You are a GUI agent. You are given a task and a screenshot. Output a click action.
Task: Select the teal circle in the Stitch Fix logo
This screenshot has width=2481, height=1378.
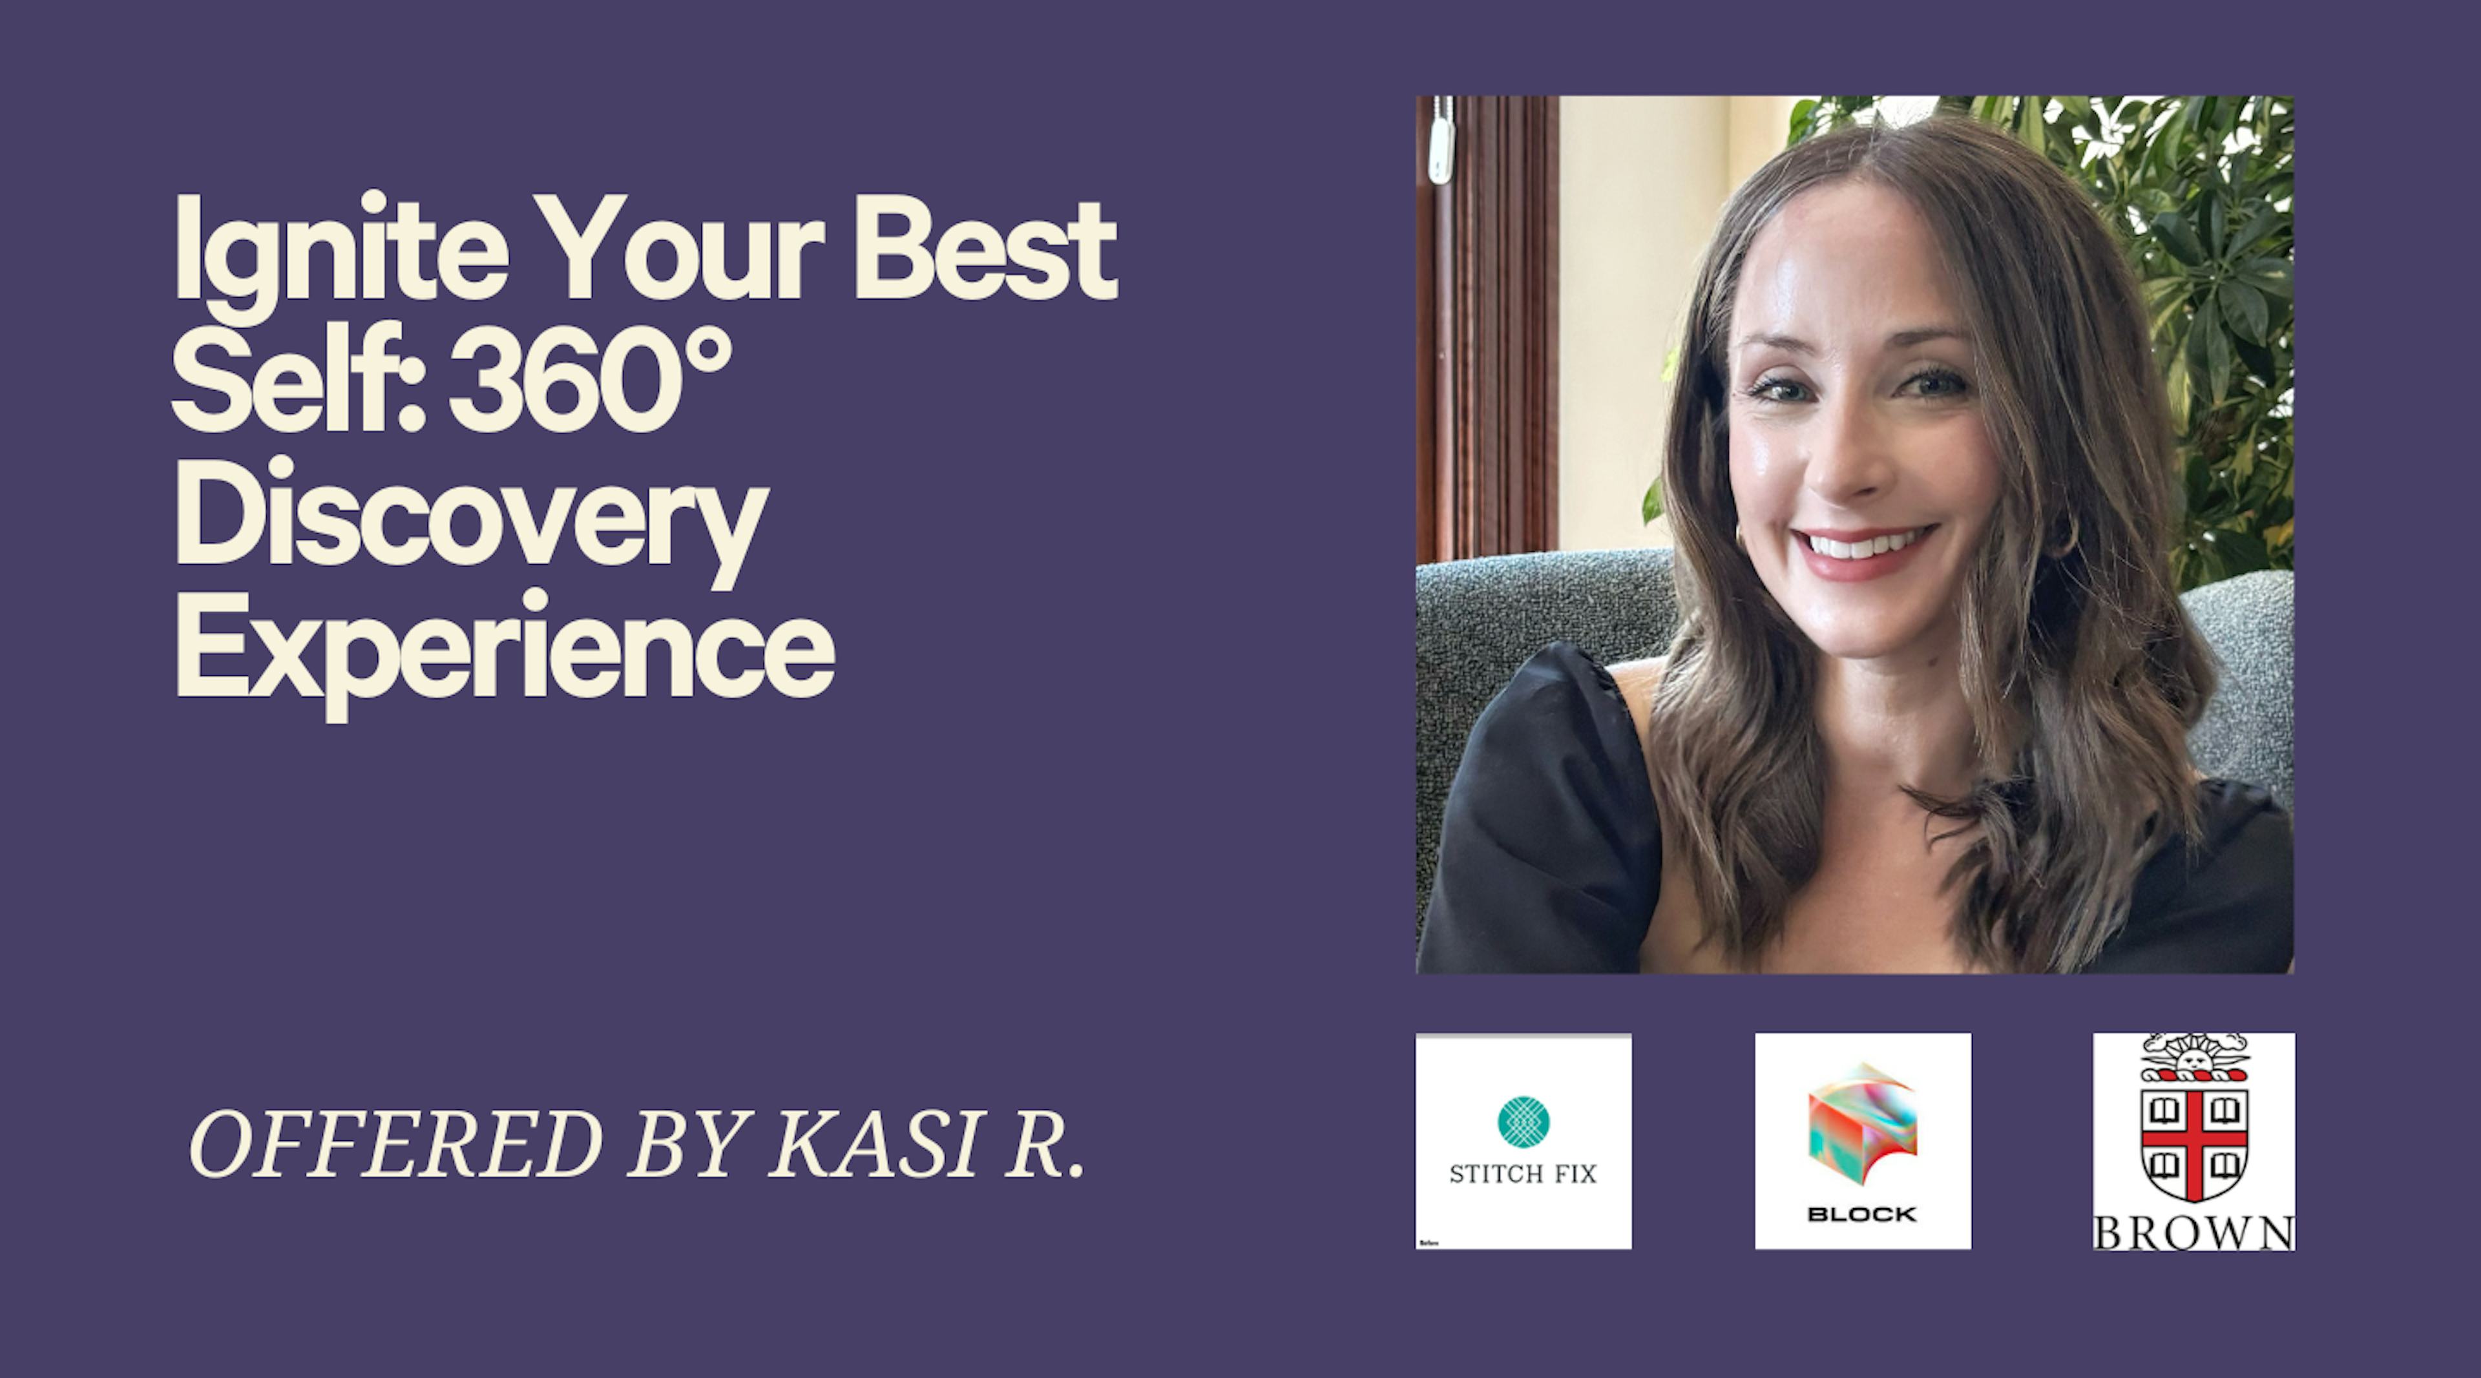[x=1523, y=1122]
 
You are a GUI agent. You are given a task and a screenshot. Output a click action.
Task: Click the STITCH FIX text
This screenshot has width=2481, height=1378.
[x=1523, y=1173]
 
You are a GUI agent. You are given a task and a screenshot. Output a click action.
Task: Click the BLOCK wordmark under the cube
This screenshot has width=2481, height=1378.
[x=1863, y=1215]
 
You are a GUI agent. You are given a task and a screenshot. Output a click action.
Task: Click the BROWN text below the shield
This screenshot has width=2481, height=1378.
[x=2194, y=1233]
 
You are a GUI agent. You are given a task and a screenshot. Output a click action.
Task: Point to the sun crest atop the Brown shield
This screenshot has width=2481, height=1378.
[x=2195, y=1058]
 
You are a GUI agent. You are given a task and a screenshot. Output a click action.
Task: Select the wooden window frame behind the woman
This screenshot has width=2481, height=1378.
[x=1488, y=328]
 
